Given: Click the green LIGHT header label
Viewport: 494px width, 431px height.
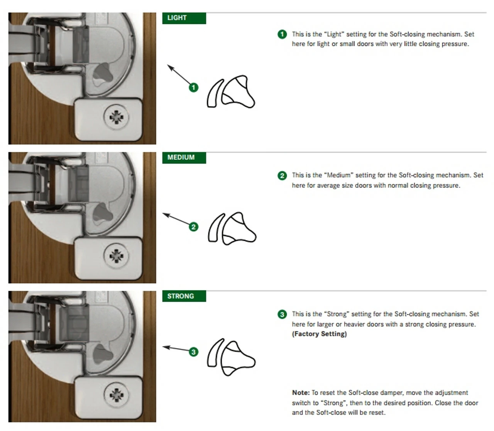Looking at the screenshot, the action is (184, 19).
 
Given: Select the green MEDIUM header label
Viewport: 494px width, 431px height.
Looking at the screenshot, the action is (184, 158).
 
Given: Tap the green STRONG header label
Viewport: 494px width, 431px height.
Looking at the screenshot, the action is (184, 296).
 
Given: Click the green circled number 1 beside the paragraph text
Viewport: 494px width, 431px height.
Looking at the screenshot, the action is (282, 34).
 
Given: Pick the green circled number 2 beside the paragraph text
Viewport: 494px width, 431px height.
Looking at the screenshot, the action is (282, 176).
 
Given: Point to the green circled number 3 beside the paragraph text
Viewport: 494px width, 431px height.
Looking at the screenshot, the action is (282, 314).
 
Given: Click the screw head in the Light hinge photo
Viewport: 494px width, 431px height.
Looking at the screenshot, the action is (116, 117).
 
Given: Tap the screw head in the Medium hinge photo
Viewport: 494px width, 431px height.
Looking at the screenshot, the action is (116, 256).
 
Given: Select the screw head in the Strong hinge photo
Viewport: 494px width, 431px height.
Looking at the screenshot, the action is (116, 395).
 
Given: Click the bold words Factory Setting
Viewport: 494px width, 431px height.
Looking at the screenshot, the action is (319, 334).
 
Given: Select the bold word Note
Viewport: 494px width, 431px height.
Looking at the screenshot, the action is (301, 393).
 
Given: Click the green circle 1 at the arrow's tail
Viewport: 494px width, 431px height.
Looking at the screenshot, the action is (193, 87).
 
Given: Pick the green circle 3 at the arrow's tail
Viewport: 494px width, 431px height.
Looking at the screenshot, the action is (193, 352).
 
